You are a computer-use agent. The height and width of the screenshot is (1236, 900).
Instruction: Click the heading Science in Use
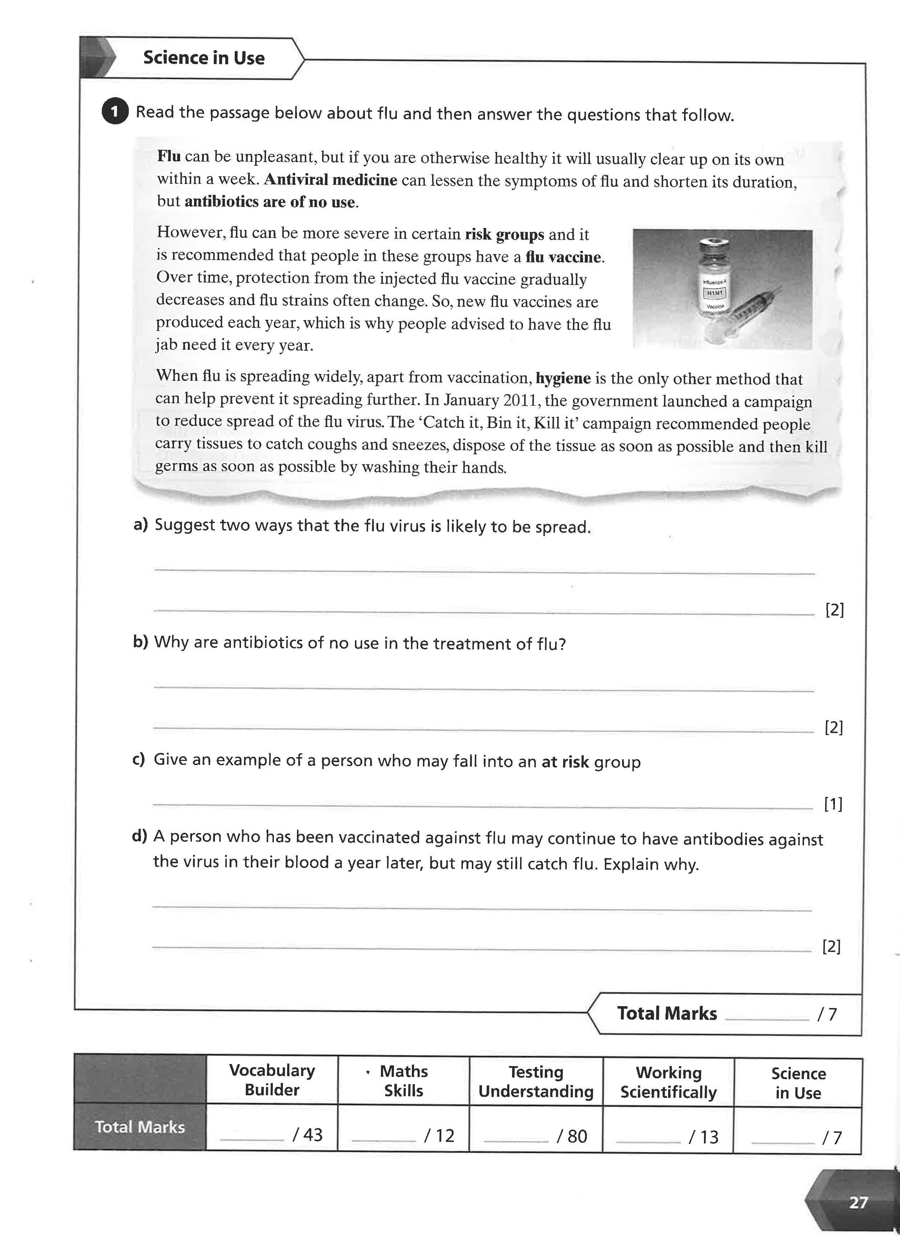click(203, 58)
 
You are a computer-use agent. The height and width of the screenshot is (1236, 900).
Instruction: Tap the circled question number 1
click(114, 112)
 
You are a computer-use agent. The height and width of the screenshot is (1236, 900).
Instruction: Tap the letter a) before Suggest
click(141, 525)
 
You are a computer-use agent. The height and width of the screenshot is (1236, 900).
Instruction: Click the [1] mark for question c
click(833, 804)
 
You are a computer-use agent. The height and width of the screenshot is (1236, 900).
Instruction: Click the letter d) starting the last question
click(139, 836)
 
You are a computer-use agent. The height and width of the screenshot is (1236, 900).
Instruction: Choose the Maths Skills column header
click(403, 1081)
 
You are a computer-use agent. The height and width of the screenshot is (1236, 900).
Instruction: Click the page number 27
click(858, 1202)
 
